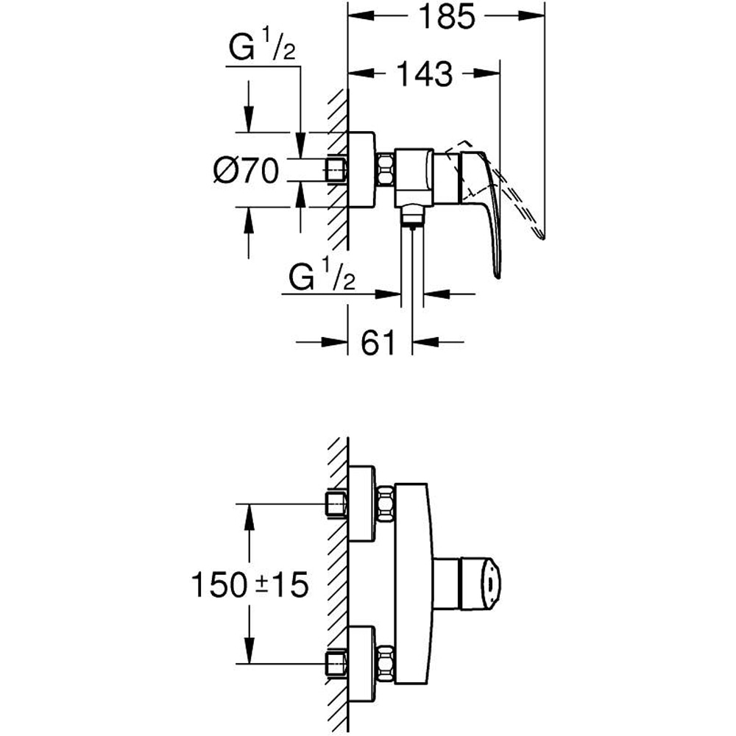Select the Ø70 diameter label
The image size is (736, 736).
[245, 171]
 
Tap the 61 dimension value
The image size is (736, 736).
[379, 342]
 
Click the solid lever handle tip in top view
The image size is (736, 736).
[499, 274]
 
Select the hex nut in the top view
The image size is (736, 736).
[386, 170]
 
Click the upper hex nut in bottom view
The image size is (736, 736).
[386, 504]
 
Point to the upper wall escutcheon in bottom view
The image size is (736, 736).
[361, 504]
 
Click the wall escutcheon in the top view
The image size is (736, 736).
[361, 170]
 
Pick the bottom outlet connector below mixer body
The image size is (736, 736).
[413, 216]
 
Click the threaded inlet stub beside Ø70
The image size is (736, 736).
[336, 170]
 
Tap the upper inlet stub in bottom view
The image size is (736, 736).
[336, 505]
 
